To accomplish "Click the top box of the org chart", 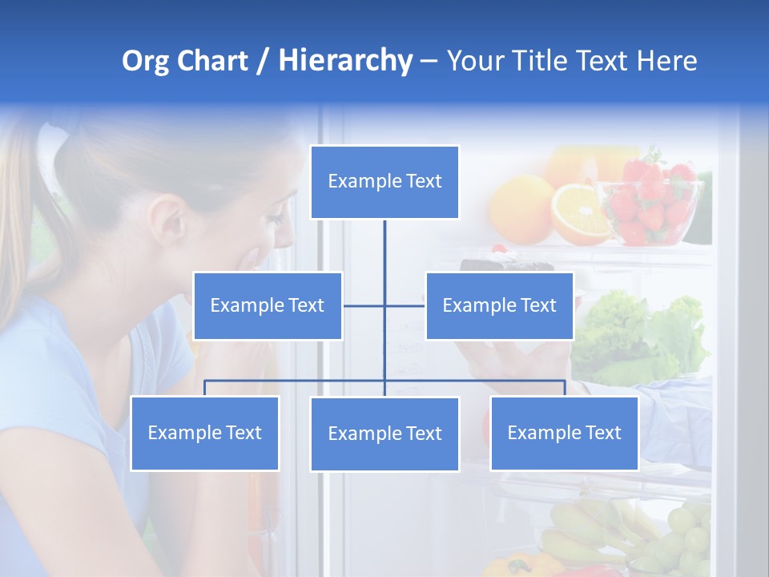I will click(384, 182).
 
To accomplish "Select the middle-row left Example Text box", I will click(268, 305).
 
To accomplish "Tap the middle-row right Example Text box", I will click(499, 305).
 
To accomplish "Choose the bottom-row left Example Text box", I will click(204, 433).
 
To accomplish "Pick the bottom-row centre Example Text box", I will click(384, 434).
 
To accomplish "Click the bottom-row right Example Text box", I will click(564, 433).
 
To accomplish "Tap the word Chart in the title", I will click(211, 61).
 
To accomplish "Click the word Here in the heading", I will click(666, 61).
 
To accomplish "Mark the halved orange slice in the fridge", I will click(581, 213).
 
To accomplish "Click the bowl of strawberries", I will click(653, 204).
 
